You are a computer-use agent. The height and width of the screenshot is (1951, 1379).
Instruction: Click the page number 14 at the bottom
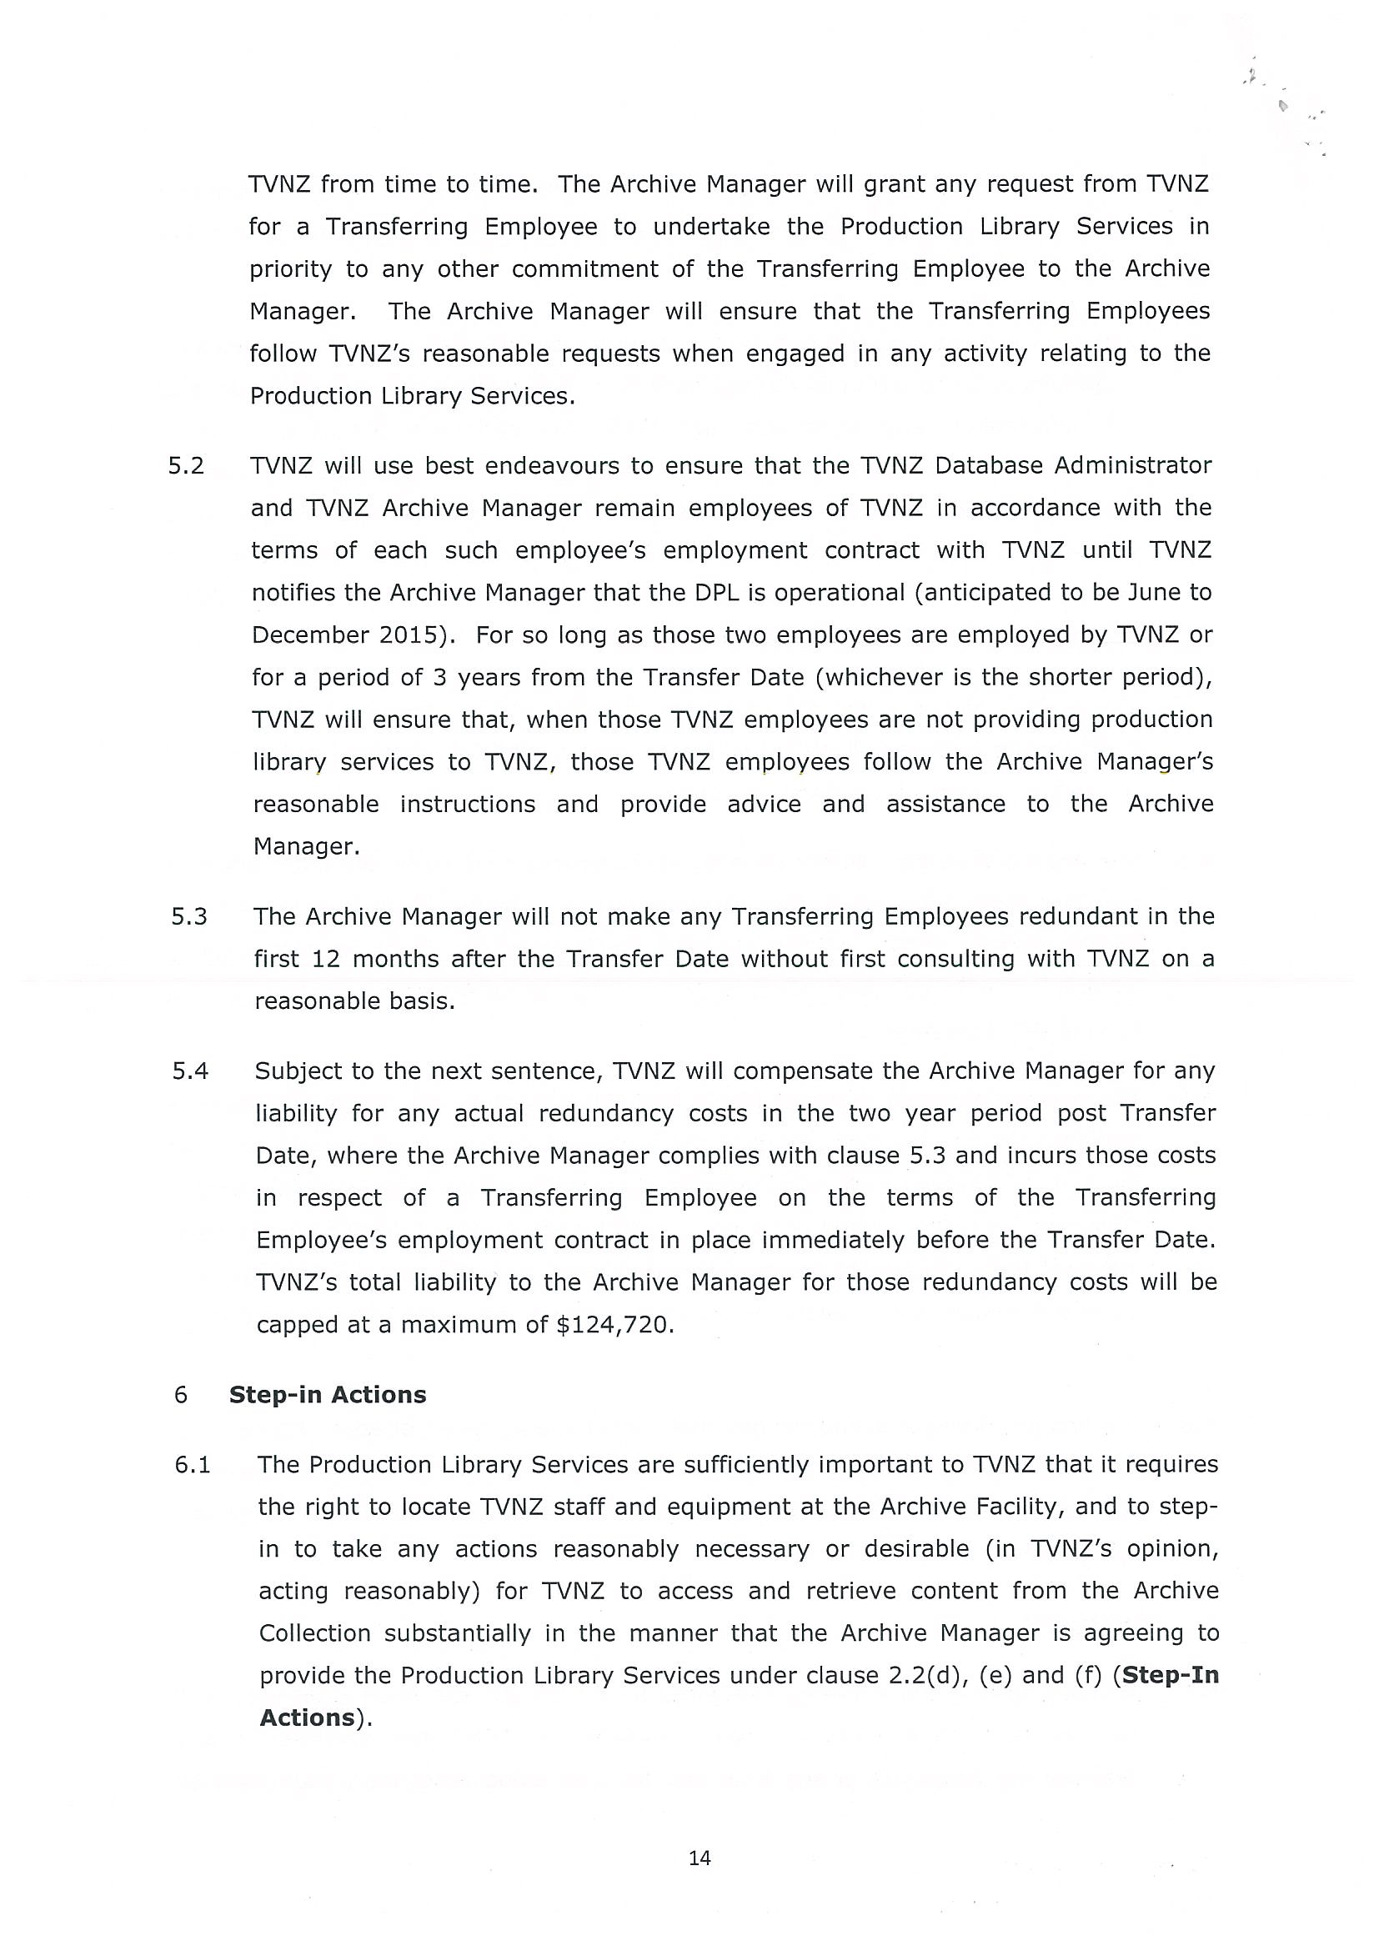click(x=700, y=1858)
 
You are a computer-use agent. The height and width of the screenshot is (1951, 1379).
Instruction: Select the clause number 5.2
click(x=186, y=466)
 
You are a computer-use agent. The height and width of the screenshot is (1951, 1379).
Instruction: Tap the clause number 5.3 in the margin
click(x=188, y=916)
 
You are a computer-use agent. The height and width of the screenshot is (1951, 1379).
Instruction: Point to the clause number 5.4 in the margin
click(x=189, y=1071)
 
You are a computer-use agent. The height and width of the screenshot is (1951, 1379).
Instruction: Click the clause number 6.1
click(x=192, y=1464)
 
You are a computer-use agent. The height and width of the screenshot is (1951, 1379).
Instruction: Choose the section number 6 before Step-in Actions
click(x=180, y=1394)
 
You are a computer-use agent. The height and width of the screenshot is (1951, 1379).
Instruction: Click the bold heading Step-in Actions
click(x=327, y=1394)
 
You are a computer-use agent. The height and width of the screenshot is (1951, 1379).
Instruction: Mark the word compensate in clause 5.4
click(x=803, y=1071)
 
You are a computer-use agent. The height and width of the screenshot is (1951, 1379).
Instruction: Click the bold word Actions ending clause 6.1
click(x=307, y=1718)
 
